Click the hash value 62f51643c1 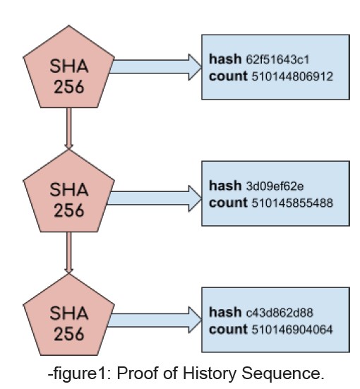click(277, 59)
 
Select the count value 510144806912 click(292, 76)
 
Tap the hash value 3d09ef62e click(275, 186)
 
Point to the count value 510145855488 click(292, 203)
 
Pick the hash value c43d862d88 click(280, 313)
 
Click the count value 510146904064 click(292, 330)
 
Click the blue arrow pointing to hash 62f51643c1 click(155, 67)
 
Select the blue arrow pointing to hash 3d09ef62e click(155, 198)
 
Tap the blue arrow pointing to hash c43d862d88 click(155, 320)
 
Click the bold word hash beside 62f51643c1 click(225, 59)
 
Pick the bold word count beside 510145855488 click(228, 203)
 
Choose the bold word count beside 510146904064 click(228, 330)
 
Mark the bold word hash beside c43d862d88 click(225, 312)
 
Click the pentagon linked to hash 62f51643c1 click(68, 69)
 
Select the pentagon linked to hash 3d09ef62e click(68, 193)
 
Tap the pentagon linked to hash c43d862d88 click(68, 317)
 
